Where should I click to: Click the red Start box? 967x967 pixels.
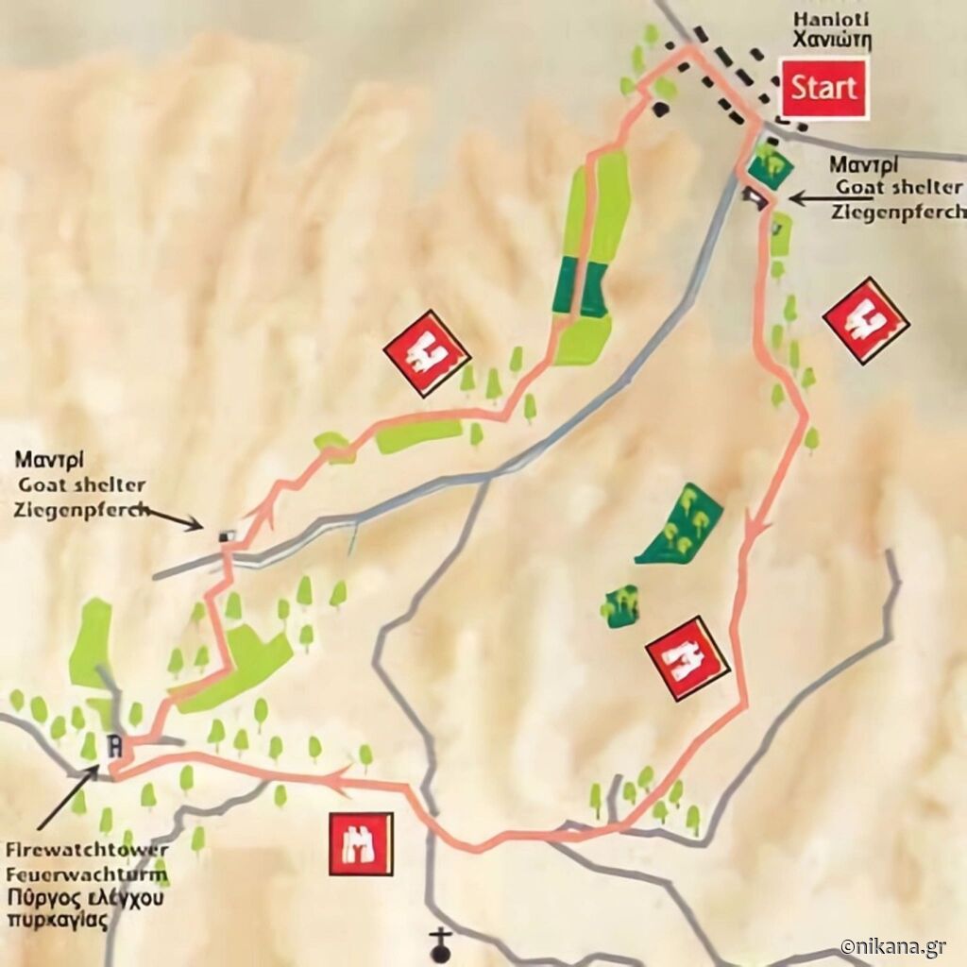(823, 88)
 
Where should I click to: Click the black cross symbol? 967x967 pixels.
(440, 941)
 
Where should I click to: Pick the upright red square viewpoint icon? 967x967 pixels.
(361, 842)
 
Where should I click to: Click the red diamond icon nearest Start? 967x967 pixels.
(865, 320)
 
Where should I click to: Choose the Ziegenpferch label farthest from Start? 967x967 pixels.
(81, 510)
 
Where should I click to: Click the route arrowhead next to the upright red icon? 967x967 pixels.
(335, 778)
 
